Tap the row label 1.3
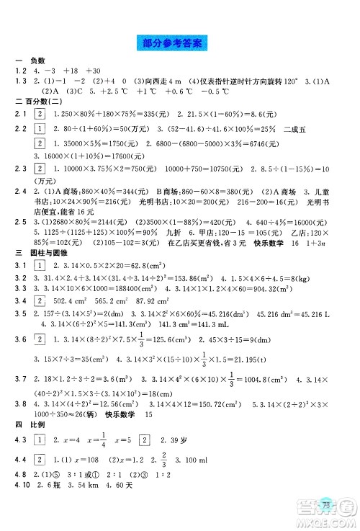tap(19, 80)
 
